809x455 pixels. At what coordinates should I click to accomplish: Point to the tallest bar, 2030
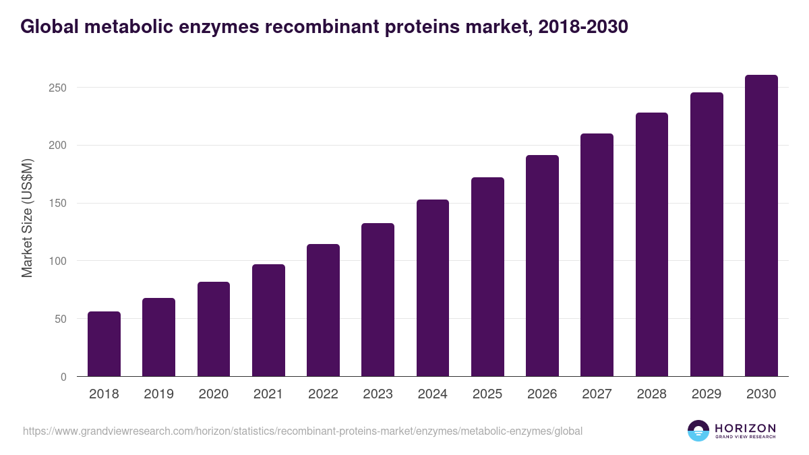point(761,226)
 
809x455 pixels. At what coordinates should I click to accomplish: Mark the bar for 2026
point(542,266)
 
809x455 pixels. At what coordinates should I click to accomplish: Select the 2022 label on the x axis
point(323,394)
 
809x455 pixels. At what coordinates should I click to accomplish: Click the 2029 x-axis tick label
point(707,394)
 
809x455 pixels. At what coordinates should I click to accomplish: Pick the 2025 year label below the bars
point(487,394)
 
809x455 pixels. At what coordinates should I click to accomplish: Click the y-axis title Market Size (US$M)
point(28,218)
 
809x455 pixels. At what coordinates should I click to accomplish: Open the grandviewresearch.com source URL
point(303,431)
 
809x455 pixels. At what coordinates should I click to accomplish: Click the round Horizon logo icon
point(698,431)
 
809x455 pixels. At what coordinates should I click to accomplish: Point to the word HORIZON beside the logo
point(746,427)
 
